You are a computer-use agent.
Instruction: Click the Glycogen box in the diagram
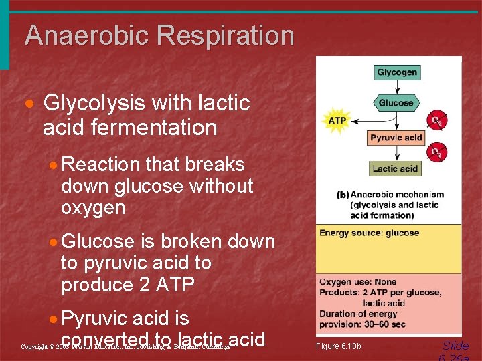point(396,72)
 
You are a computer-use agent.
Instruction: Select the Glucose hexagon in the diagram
point(396,103)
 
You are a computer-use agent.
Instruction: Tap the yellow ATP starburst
point(336,120)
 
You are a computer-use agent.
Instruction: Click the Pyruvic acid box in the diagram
point(396,138)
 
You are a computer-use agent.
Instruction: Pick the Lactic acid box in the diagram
point(395,168)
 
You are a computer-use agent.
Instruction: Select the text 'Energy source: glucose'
point(369,233)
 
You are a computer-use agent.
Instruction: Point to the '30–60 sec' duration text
point(389,324)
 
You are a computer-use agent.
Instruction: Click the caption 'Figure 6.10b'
point(338,346)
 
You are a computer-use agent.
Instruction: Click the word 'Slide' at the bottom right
point(455,346)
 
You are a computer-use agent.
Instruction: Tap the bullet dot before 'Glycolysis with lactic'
point(29,105)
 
